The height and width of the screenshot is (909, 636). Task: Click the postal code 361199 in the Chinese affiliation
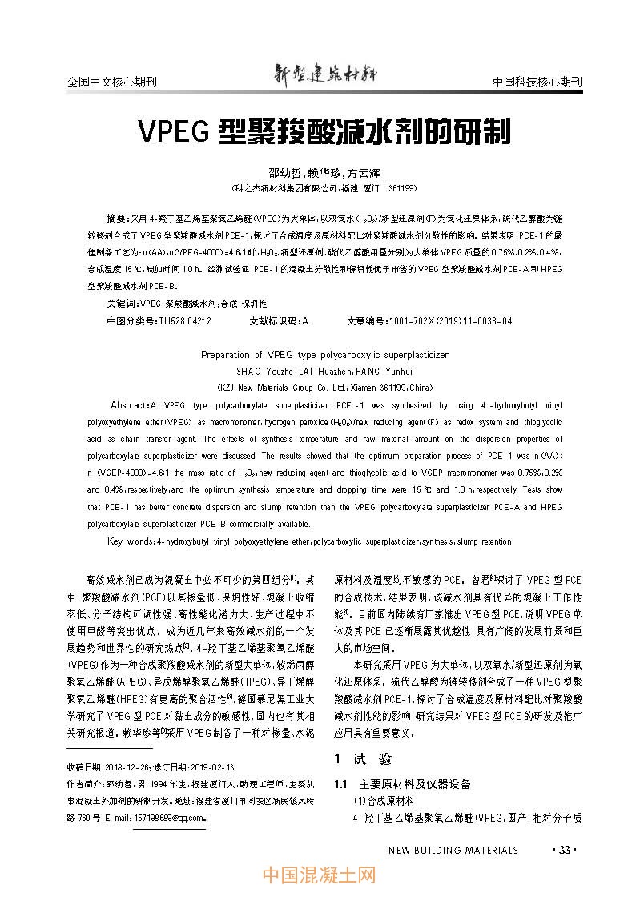(401, 188)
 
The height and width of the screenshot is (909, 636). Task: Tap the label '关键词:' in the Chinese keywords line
(123, 304)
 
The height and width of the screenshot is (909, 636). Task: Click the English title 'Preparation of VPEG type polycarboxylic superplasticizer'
(324, 354)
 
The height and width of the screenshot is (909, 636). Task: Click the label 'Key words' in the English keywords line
(131, 542)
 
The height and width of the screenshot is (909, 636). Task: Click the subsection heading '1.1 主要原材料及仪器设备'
(402, 784)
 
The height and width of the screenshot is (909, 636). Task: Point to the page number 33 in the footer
(565, 850)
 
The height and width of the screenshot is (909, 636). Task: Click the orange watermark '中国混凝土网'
(319, 876)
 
